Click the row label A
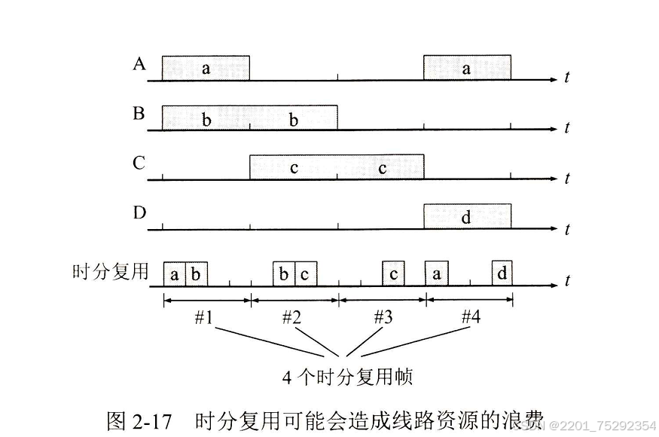point(139,64)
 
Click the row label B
point(139,114)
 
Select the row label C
point(139,163)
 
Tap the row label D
point(139,213)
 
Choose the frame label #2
point(291,317)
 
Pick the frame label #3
point(383,317)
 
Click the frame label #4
point(471,317)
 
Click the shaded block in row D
point(467,216)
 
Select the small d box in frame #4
point(502,274)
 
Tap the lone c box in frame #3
point(393,274)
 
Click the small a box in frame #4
point(436,274)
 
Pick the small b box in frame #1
point(196,274)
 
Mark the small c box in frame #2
point(305,274)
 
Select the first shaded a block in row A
point(206,67)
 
